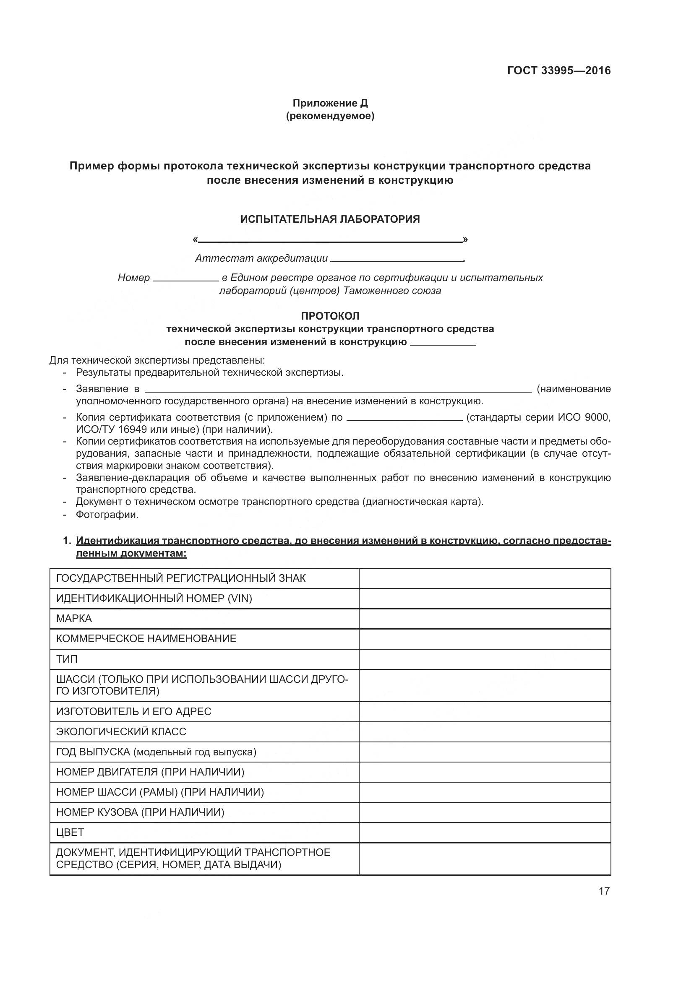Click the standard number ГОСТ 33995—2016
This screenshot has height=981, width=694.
pyautogui.click(x=558, y=70)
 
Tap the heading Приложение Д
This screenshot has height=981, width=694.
pyautogui.click(x=330, y=103)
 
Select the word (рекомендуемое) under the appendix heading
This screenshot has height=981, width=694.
pyautogui.click(x=330, y=116)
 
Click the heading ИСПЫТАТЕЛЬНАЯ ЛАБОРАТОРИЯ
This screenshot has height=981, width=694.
pyautogui.click(x=330, y=219)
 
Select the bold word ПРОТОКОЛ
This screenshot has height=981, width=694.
pyautogui.click(x=330, y=316)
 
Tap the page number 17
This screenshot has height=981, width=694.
pyautogui.click(x=604, y=891)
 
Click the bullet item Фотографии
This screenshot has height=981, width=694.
pyautogui.click(x=107, y=515)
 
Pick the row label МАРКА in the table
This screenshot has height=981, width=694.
pyautogui.click(x=74, y=619)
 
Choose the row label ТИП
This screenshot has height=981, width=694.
pyautogui.click(x=67, y=659)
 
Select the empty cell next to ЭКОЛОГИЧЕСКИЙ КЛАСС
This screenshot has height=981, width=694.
pyautogui.click(x=485, y=732)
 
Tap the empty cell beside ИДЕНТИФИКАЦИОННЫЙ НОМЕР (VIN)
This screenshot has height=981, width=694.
pyautogui.click(x=485, y=598)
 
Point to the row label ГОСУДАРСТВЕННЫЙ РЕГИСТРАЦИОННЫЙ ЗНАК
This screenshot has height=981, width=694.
pyautogui.click(x=181, y=578)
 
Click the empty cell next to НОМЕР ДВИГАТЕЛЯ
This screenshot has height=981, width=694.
pyautogui.click(x=485, y=772)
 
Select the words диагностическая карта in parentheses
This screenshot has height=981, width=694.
pyautogui.click(x=422, y=502)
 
